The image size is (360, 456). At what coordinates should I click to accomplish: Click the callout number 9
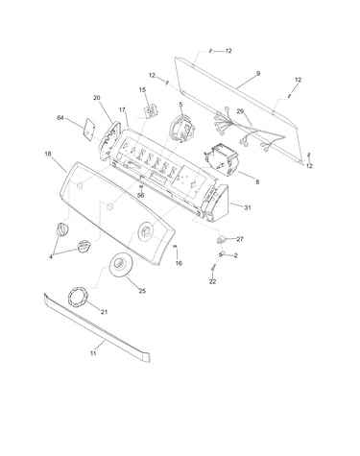click(x=258, y=73)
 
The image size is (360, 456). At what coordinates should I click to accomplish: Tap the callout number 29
click(x=240, y=111)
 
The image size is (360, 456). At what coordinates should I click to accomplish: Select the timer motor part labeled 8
click(x=222, y=159)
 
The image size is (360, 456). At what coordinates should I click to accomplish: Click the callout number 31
click(x=248, y=207)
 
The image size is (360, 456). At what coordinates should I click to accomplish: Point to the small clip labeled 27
click(x=220, y=239)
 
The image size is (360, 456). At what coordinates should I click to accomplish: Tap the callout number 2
click(x=236, y=255)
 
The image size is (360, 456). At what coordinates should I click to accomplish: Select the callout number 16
click(x=179, y=263)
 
